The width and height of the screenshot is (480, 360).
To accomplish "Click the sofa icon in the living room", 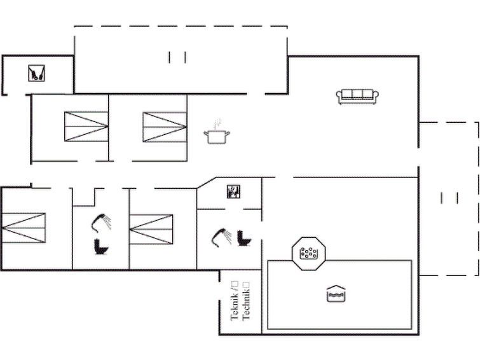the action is tap(357, 97).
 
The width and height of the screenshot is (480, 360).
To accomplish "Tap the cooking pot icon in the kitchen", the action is tap(217, 137).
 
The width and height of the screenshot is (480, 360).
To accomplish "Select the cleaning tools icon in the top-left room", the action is tap(36, 73).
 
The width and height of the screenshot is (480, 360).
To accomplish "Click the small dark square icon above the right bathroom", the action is tap(233, 191).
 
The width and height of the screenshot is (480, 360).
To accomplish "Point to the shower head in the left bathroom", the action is tap(100, 223).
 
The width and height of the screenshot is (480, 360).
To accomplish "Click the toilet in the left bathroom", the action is tap(101, 247).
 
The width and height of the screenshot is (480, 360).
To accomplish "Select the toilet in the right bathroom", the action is tap(244, 238).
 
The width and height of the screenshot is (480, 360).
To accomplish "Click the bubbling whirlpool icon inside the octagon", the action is tap(308, 253).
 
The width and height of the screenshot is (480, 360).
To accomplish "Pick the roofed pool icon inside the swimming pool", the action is tap(336, 293).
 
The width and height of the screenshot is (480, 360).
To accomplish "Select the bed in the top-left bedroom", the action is tap(86, 127).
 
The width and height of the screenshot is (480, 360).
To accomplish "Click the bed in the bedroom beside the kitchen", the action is tap(165, 127).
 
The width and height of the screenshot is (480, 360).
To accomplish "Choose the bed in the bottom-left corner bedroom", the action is tap(24, 228).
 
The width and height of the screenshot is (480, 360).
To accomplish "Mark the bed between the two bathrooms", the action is tap(151, 230).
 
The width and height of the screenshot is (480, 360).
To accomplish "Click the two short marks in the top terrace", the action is tap(177, 57).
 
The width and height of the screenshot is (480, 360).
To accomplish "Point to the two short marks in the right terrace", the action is tap(449, 198).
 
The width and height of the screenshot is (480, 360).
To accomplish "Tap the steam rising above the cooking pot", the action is tap(217, 124).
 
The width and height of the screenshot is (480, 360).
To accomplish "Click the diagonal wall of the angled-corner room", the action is tap(207, 183).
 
